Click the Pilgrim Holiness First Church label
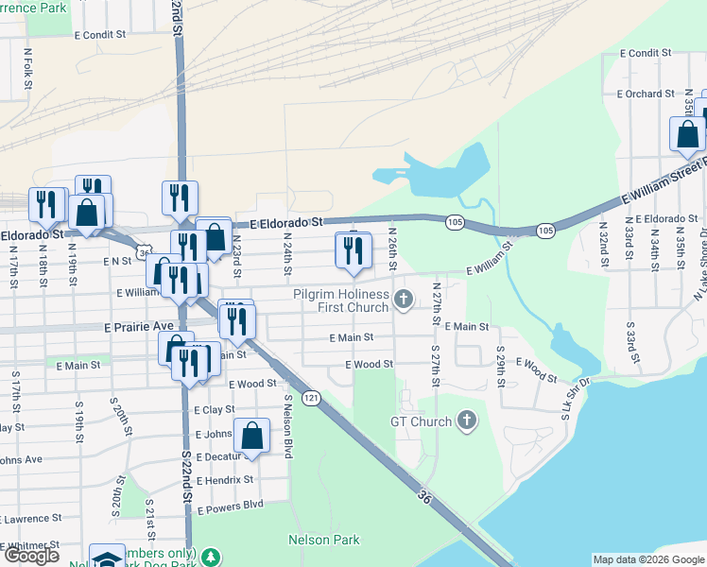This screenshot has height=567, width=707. [340, 301]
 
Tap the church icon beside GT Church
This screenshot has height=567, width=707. [467, 421]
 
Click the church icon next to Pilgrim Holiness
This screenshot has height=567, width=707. [404, 301]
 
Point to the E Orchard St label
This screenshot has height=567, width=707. [646, 94]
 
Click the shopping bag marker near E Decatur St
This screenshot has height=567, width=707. [251, 437]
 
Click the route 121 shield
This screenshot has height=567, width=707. [312, 398]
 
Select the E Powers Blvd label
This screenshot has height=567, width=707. [230, 506]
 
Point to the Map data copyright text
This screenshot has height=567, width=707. [647, 560]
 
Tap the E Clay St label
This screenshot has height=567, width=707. [214, 410]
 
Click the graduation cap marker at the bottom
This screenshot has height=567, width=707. [107, 558]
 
